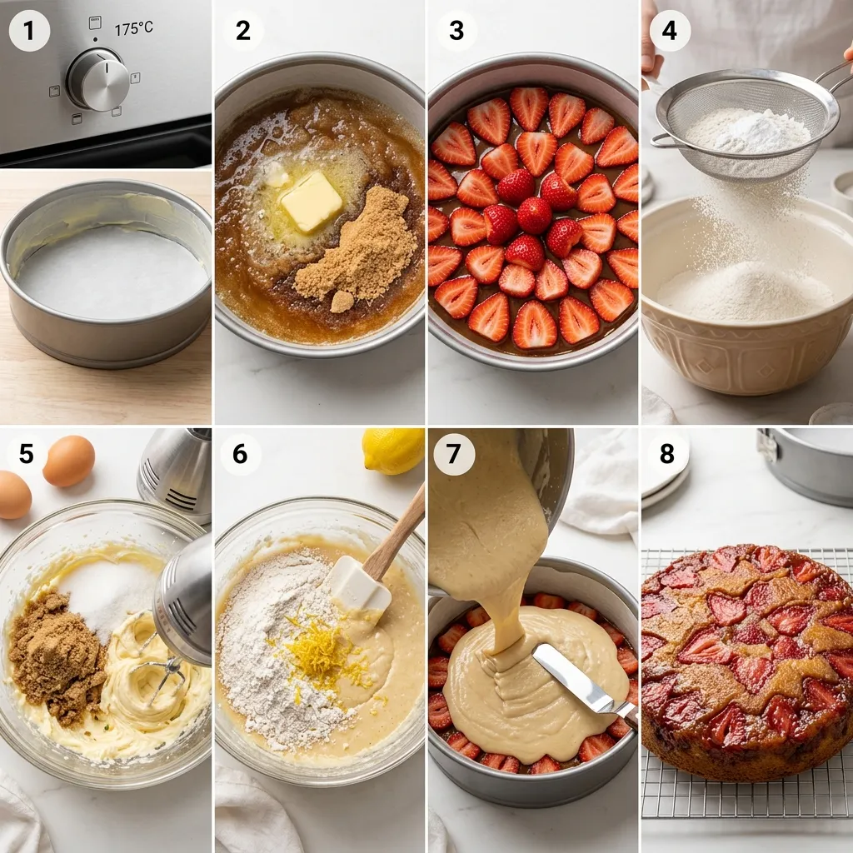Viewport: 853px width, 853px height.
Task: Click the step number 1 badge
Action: (x=29, y=31)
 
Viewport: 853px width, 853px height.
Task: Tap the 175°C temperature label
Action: (x=133, y=28)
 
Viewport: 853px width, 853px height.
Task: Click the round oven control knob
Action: (x=98, y=79)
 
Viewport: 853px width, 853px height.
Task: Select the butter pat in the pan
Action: (x=312, y=201)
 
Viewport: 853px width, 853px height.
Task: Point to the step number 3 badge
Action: (x=456, y=31)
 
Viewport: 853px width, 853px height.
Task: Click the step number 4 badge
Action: (x=669, y=31)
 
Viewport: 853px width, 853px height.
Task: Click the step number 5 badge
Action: (x=26, y=454)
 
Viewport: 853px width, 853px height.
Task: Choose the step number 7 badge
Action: (x=454, y=454)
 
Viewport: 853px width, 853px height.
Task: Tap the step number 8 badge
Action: (x=667, y=454)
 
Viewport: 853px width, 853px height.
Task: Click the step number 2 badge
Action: (x=243, y=31)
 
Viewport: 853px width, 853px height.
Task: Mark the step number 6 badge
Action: (x=240, y=454)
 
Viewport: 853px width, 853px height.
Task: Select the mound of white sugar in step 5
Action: (x=109, y=597)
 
